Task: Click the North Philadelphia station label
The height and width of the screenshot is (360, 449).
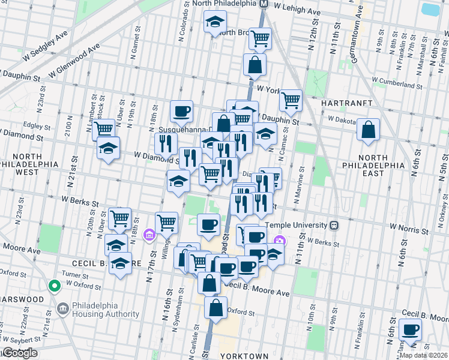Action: (224, 4)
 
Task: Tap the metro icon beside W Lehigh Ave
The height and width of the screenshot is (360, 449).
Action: (263, 4)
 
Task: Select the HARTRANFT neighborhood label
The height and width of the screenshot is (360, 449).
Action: (339, 103)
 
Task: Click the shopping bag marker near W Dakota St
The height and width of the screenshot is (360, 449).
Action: (368, 129)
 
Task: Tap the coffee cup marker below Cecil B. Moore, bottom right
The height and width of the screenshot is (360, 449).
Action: (411, 329)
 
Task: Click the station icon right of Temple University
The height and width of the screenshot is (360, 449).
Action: (334, 226)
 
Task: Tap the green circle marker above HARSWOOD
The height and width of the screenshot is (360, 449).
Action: (54, 286)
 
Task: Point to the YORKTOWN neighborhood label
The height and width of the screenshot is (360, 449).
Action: (244, 356)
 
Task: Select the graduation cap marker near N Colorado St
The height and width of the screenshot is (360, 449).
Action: (214, 23)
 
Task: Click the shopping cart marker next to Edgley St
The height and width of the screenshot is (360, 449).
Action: (104, 128)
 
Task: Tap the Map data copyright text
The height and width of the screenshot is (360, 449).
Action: (423, 355)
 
